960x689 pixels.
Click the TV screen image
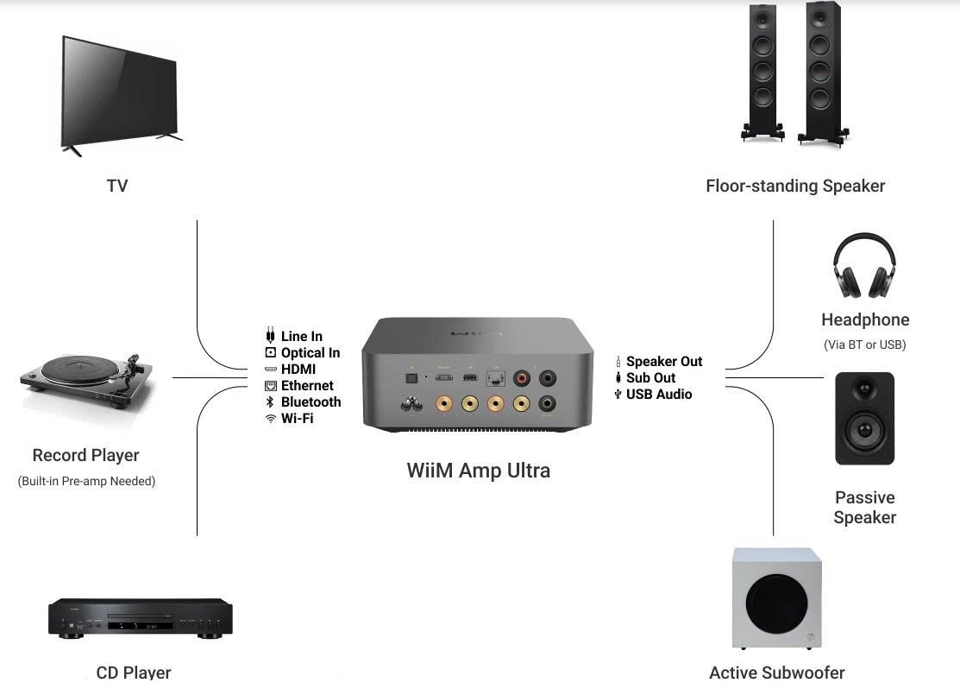[120, 91]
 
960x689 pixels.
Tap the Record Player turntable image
[86, 381]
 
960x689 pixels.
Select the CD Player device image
[140, 618]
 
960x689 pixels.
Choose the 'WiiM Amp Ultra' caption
[478, 471]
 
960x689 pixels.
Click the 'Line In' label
[301, 337]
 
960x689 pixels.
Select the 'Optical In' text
[310, 353]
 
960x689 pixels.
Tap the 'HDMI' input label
[298, 370]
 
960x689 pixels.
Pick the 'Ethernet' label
[307, 386]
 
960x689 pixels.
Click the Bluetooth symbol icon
[270, 402]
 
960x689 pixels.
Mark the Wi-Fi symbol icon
[270, 419]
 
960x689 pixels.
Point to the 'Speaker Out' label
[664, 362]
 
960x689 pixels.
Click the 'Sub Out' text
[650, 378]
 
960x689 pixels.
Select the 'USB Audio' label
[659, 395]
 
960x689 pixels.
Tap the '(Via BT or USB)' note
[864, 344]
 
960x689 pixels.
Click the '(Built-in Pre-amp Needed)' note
[86, 481]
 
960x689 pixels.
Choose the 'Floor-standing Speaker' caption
[794, 186]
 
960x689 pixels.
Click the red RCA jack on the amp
[522, 378]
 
